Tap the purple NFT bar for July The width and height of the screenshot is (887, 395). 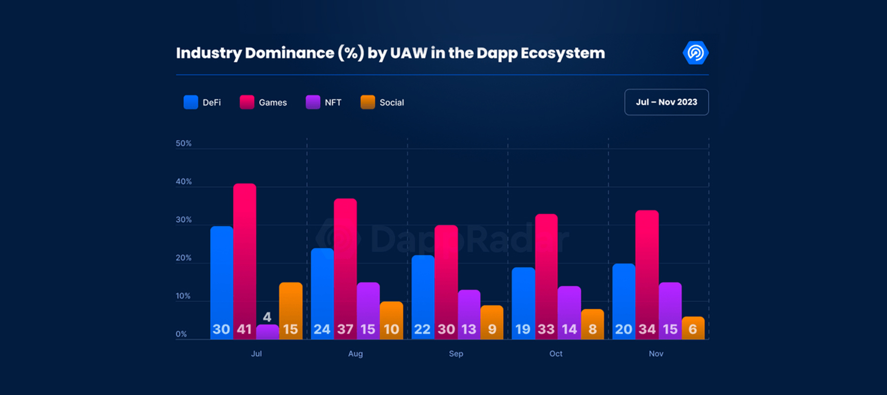pyautogui.click(x=267, y=332)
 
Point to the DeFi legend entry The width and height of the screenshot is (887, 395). pyautogui.click(x=203, y=102)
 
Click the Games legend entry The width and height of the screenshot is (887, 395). pyautogui.click(x=263, y=102)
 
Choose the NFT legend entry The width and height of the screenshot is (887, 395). pyautogui.click(x=324, y=102)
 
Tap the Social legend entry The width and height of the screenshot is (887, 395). pyautogui.click(x=382, y=102)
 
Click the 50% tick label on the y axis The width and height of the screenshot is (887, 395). pyautogui.click(x=183, y=144)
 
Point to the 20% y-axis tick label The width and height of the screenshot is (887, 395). pyautogui.click(x=183, y=258)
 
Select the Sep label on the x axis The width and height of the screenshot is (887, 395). pyautogui.click(x=456, y=354)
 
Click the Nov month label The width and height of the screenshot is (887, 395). pyautogui.click(x=656, y=354)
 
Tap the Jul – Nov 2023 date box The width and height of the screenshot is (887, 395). pyautogui.click(x=666, y=102)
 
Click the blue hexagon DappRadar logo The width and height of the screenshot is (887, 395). pyautogui.click(x=695, y=53)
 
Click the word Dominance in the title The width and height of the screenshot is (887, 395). pyautogui.click(x=289, y=53)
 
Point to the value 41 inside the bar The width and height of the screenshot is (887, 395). pyautogui.click(x=244, y=329)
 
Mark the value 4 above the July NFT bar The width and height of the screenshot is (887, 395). pyautogui.click(x=267, y=317)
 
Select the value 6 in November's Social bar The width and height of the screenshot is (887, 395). pyautogui.click(x=693, y=329)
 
